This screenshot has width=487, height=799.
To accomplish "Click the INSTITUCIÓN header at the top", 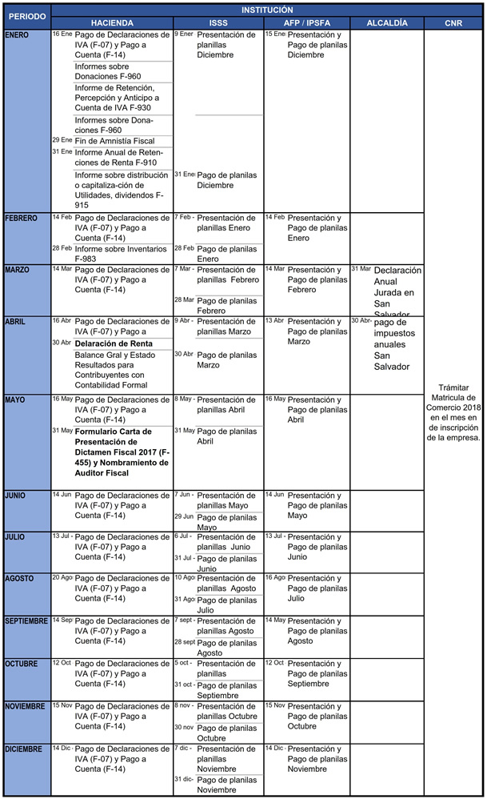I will [267, 10].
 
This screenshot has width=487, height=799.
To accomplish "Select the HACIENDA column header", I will [112, 23].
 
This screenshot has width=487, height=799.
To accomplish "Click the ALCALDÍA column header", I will [386, 23].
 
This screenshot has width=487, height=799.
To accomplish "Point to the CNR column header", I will [453, 23].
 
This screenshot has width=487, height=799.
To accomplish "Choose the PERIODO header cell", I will [27, 17].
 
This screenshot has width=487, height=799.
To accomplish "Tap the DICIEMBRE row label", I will [26, 749].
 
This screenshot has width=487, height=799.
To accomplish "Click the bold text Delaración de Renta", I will [114, 343].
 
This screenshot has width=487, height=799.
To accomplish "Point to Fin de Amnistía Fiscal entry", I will [114, 141].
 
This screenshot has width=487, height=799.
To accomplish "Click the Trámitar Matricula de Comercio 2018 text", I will [453, 412].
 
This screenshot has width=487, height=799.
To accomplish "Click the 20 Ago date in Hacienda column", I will [62, 577].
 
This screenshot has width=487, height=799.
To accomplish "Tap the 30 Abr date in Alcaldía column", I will [361, 320].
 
